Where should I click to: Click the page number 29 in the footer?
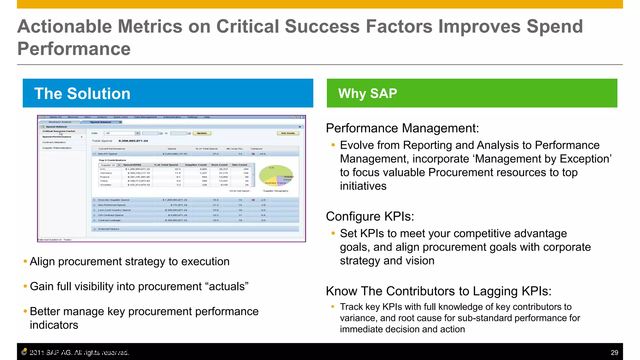(x=614, y=352)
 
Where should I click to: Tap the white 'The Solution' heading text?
(x=82, y=93)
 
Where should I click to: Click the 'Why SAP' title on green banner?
(x=367, y=93)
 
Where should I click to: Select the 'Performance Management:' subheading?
(x=402, y=128)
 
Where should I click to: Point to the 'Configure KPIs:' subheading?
(x=370, y=216)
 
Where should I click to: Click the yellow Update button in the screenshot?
(x=202, y=133)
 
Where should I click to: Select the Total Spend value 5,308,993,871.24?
(x=133, y=141)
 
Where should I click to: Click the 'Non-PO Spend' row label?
(x=107, y=154)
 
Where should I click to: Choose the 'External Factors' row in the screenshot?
(x=108, y=229)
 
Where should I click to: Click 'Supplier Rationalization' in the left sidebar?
(x=57, y=148)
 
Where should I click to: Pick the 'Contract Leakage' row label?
(x=109, y=220)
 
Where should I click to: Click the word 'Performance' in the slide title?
(x=74, y=49)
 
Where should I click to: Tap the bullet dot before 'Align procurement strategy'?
(x=25, y=261)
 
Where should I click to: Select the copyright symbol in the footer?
(x=24, y=353)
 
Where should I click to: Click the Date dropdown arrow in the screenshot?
(x=137, y=133)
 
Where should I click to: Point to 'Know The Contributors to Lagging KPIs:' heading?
(x=438, y=291)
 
